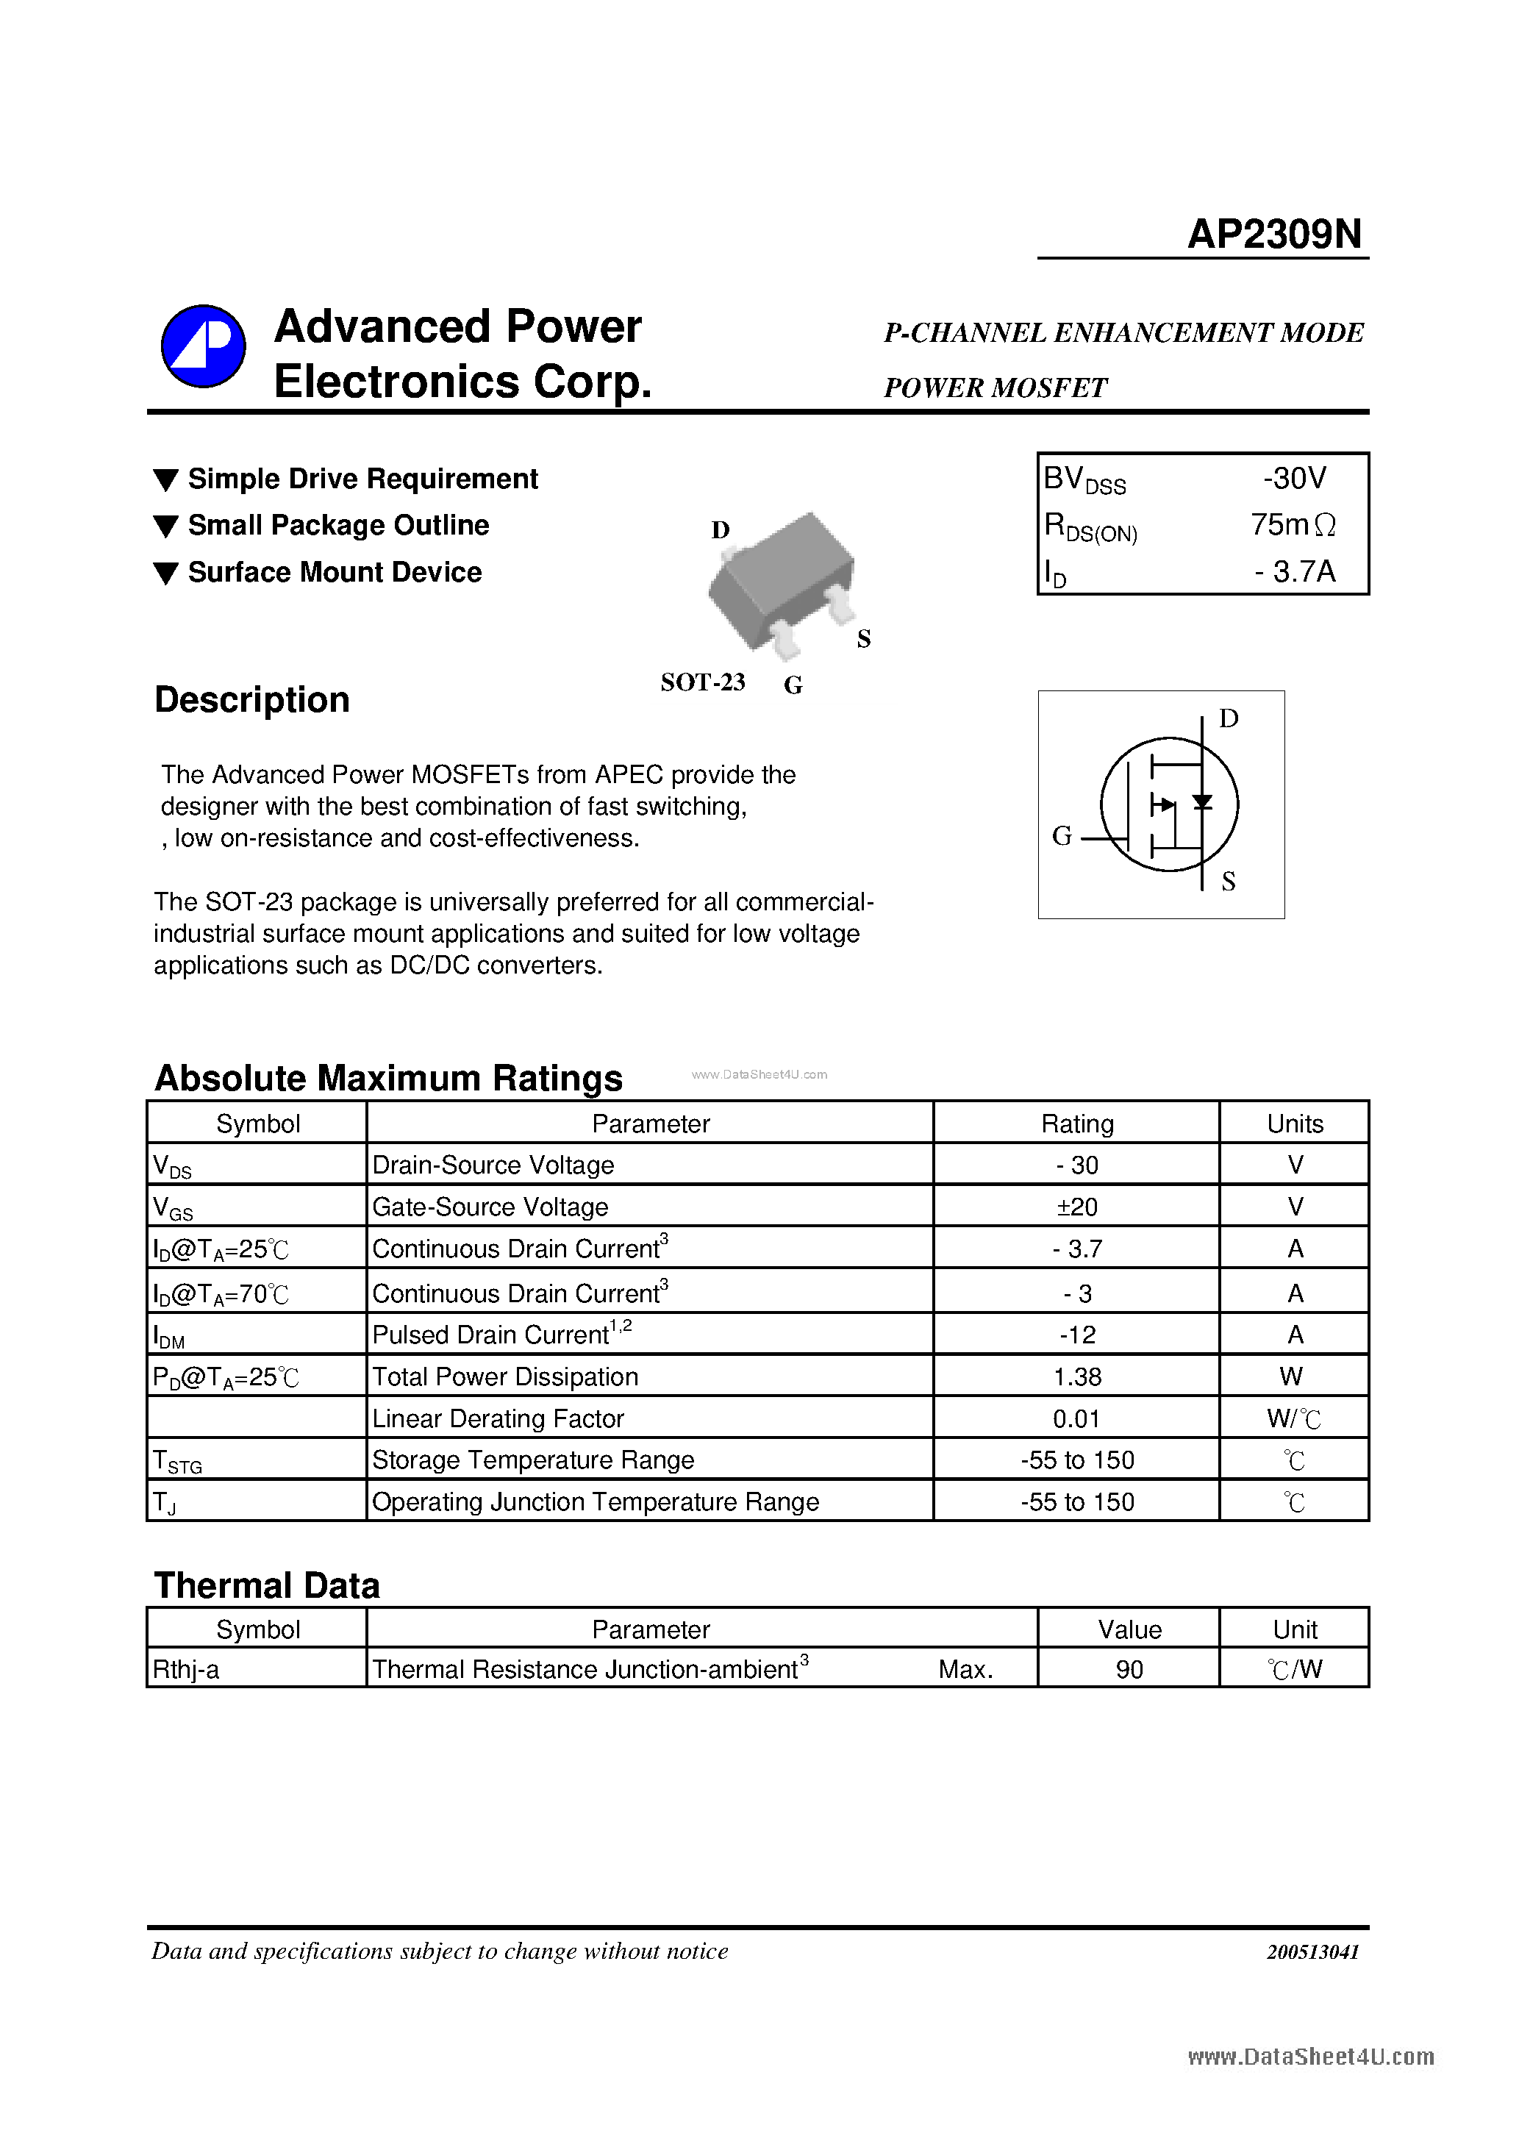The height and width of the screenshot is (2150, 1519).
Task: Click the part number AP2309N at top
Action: point(1273,234)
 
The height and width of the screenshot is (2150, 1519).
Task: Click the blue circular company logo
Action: point(203,346)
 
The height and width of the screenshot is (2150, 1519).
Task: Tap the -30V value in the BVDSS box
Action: point(1294,479)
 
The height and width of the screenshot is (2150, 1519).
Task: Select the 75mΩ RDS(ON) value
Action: point(1293,524)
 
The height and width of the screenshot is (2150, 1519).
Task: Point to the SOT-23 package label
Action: point(702,682)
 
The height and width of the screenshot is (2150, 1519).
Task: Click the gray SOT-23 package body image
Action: point(782,581)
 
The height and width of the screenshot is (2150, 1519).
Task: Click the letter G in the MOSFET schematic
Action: point(1061,835)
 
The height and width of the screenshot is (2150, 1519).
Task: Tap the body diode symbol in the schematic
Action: point(1202,802)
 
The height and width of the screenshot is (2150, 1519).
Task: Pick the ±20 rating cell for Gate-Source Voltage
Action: point(1077,1207)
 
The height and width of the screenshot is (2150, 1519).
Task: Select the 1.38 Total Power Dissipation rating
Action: point(1077,1376)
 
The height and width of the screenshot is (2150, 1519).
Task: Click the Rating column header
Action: point(1077,1124)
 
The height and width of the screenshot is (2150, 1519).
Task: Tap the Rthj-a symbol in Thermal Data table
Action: point(186,1670)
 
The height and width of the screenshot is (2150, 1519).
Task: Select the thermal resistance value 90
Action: point(1129,1670)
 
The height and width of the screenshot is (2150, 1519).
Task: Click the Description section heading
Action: point(252,699)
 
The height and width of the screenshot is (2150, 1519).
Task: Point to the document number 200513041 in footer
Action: point(1312,1951)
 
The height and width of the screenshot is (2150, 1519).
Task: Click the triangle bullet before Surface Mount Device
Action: point(165,573)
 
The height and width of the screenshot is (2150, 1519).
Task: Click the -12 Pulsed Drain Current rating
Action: point(1077,1335)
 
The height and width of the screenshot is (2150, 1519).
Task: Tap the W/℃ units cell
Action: point(1293,1418)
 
